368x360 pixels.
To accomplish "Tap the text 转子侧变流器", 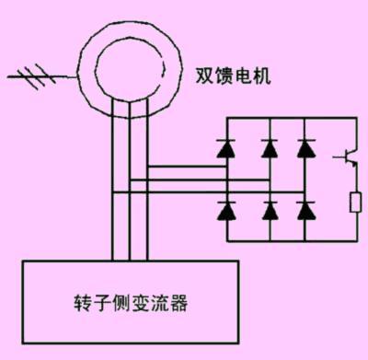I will point(130,302).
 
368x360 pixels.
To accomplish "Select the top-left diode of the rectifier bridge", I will point(224,147).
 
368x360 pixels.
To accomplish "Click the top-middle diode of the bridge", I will point(270,147).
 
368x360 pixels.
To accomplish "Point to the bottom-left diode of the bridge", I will point(224,210).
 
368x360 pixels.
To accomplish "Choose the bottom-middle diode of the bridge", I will point(270,210).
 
